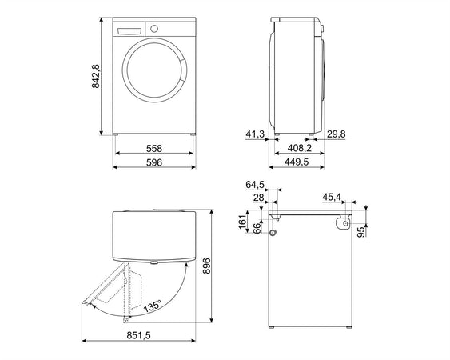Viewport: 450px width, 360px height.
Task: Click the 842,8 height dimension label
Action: coord(96,76)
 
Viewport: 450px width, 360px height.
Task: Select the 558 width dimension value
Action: coord(154,149)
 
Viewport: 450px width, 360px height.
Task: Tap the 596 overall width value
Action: coord(154,162)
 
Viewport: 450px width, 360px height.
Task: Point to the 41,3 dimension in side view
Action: coord(255,134)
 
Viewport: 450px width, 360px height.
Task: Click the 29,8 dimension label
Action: coord(337,134)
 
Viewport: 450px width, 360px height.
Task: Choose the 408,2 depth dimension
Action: coord(299,148)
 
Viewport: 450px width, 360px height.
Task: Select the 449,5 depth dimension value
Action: coord(297,162)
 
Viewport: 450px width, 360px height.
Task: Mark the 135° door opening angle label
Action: coord(153,306)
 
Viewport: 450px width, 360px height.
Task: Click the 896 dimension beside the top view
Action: coord(207,266)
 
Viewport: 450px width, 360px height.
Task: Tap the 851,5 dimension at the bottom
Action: coord(138,335)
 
